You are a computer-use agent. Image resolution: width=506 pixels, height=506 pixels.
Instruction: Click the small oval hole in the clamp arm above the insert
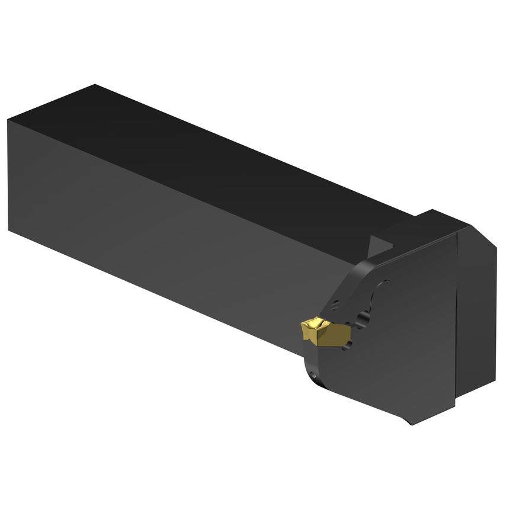(335, 305)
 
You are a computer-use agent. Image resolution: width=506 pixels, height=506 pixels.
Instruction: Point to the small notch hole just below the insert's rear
(348, 344)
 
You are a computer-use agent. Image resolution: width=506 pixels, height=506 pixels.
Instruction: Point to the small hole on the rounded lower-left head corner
(313, 375)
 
